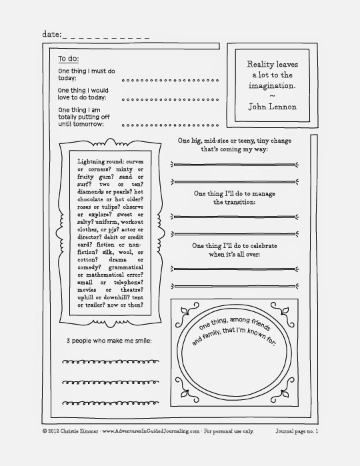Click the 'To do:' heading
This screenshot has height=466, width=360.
(69, 58)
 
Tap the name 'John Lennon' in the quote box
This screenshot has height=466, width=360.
(272, 107)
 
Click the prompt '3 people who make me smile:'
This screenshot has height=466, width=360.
(105, 341)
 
